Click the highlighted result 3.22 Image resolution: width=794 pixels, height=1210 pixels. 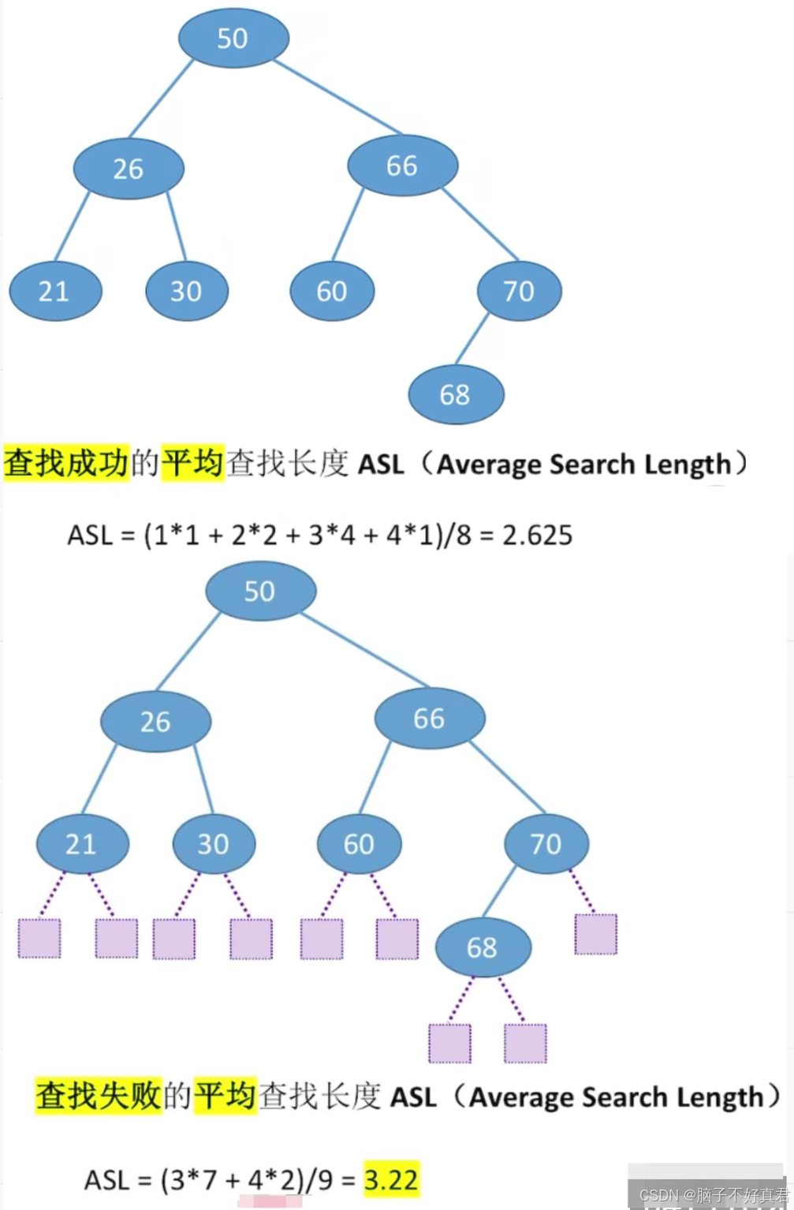tap(390, 1180)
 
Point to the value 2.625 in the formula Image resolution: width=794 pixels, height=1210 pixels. tap(537, 535)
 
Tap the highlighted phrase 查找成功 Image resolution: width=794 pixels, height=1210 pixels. tap(66, 463)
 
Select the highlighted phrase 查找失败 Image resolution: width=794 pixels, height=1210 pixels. tap(99, 1095)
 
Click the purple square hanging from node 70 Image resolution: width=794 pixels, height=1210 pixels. tap(595, 934)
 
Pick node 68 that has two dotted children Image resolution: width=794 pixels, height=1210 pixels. tap(483, 947)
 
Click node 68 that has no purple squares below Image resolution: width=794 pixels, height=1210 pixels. tap(456, 394)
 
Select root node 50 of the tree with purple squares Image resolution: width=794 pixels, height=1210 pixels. tap(260, 591)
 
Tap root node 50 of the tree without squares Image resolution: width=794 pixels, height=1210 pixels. tap(233, 38)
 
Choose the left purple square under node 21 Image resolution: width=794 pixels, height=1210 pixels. tap(39, 938)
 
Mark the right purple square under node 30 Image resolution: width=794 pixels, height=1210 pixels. tap(251, 938)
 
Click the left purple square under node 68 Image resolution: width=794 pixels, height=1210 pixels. tap(449, 1043)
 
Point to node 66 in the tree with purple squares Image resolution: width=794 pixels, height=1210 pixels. tap(430, 718)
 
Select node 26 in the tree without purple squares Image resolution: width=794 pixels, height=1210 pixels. tap(129, 168)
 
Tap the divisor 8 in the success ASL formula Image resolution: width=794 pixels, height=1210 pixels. tap(463, 535)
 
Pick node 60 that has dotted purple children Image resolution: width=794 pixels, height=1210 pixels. tap(359, 844)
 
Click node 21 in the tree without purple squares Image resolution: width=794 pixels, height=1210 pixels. tap(54, 291)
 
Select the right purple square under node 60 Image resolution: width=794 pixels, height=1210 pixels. tap(397, 938)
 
